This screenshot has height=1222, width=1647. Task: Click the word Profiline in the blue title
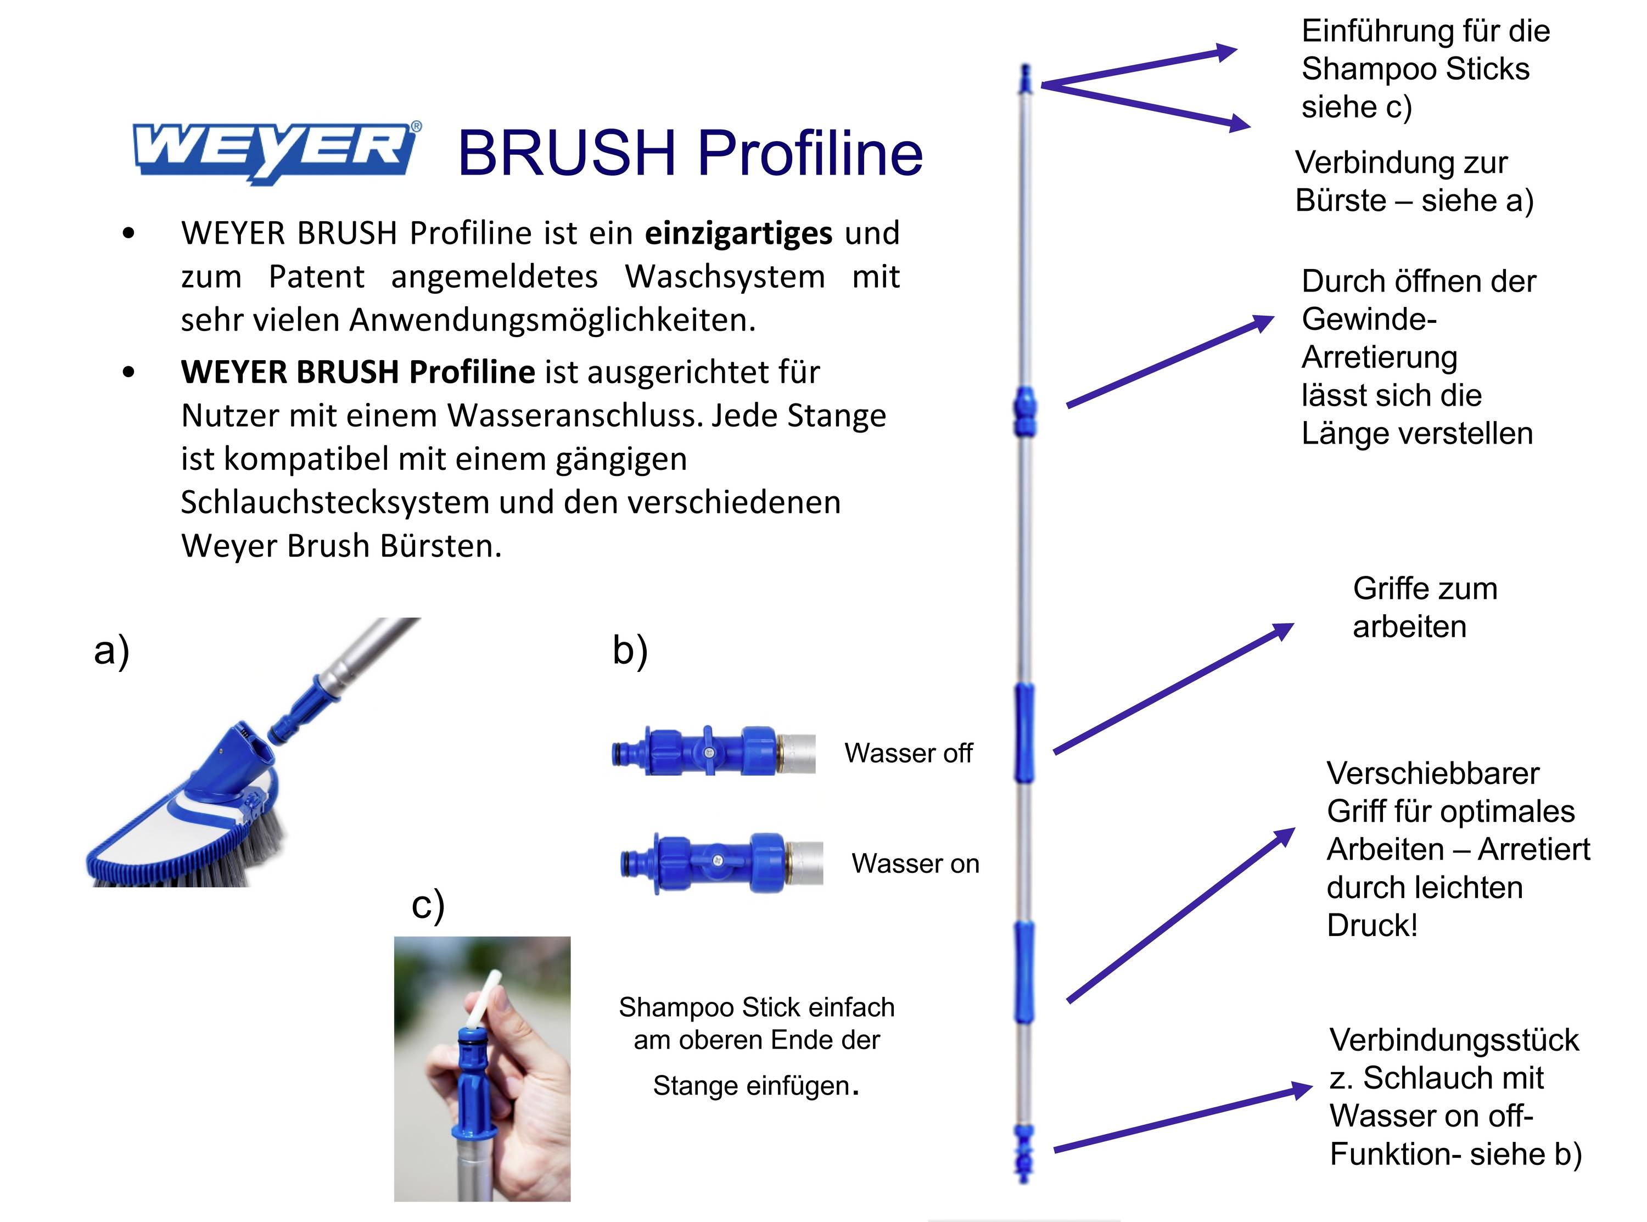click(810, 153)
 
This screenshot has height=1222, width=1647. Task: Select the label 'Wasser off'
click(907, 753)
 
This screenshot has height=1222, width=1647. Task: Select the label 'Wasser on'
click(915, 863)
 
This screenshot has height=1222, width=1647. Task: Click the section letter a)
click(111, 651)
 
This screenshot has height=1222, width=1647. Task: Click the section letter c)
click(428, 905)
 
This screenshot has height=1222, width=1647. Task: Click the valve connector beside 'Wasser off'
click(714, 752)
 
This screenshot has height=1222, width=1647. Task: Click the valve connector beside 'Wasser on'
click(721, 862)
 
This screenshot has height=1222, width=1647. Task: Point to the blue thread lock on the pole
click(1024, 411)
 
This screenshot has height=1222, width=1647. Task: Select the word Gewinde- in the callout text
click(1368, 319)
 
